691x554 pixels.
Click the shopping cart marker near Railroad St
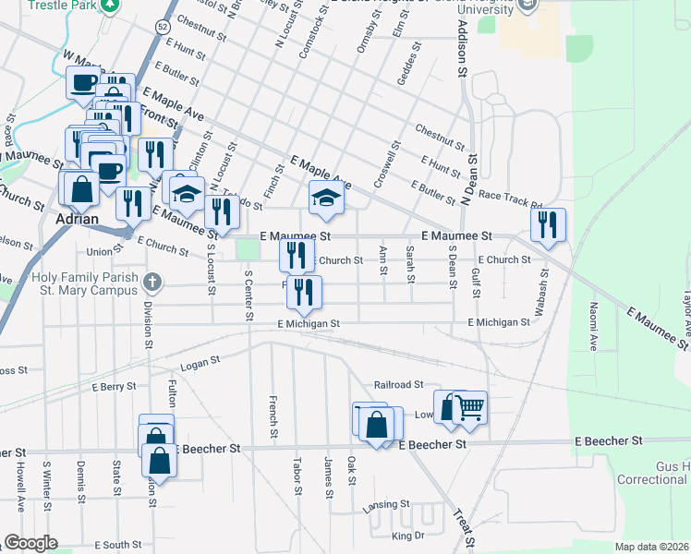pos(470,406)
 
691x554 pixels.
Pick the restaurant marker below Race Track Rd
pos(548,224)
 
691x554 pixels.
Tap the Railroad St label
pos(398,384)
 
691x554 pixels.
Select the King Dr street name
pos(406,536)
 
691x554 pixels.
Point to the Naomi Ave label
pos(592,330)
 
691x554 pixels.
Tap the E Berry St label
pos(114,386)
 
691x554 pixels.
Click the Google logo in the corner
pos(30,543)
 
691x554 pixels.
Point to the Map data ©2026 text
pos(651,547)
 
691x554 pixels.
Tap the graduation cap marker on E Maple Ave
pos(325,198)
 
